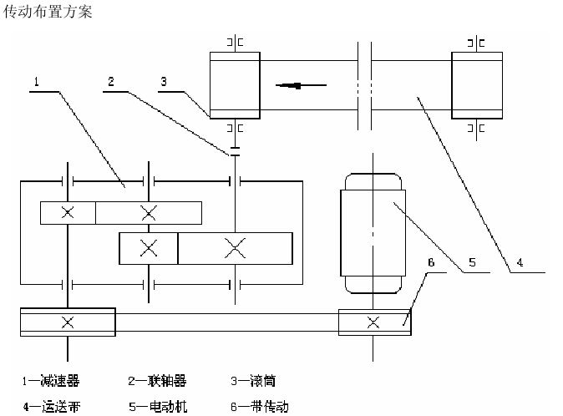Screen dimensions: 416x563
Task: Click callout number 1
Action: [38, 81]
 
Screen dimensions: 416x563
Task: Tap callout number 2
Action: [110, 81]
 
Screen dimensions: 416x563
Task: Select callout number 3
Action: [165, 81]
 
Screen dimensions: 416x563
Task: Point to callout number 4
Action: [520, 262]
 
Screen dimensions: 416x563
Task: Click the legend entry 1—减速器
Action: [51, 381]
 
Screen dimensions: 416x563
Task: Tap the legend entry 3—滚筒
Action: [253, 381]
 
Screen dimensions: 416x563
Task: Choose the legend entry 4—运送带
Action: [51, 407]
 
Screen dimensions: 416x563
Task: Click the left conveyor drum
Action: [236, 84]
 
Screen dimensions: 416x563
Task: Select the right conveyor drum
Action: [477, 84]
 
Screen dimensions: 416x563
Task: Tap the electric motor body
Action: [373, 232]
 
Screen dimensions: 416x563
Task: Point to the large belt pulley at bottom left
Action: [67, 322]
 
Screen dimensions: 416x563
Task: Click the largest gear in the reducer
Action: [236, 247]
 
